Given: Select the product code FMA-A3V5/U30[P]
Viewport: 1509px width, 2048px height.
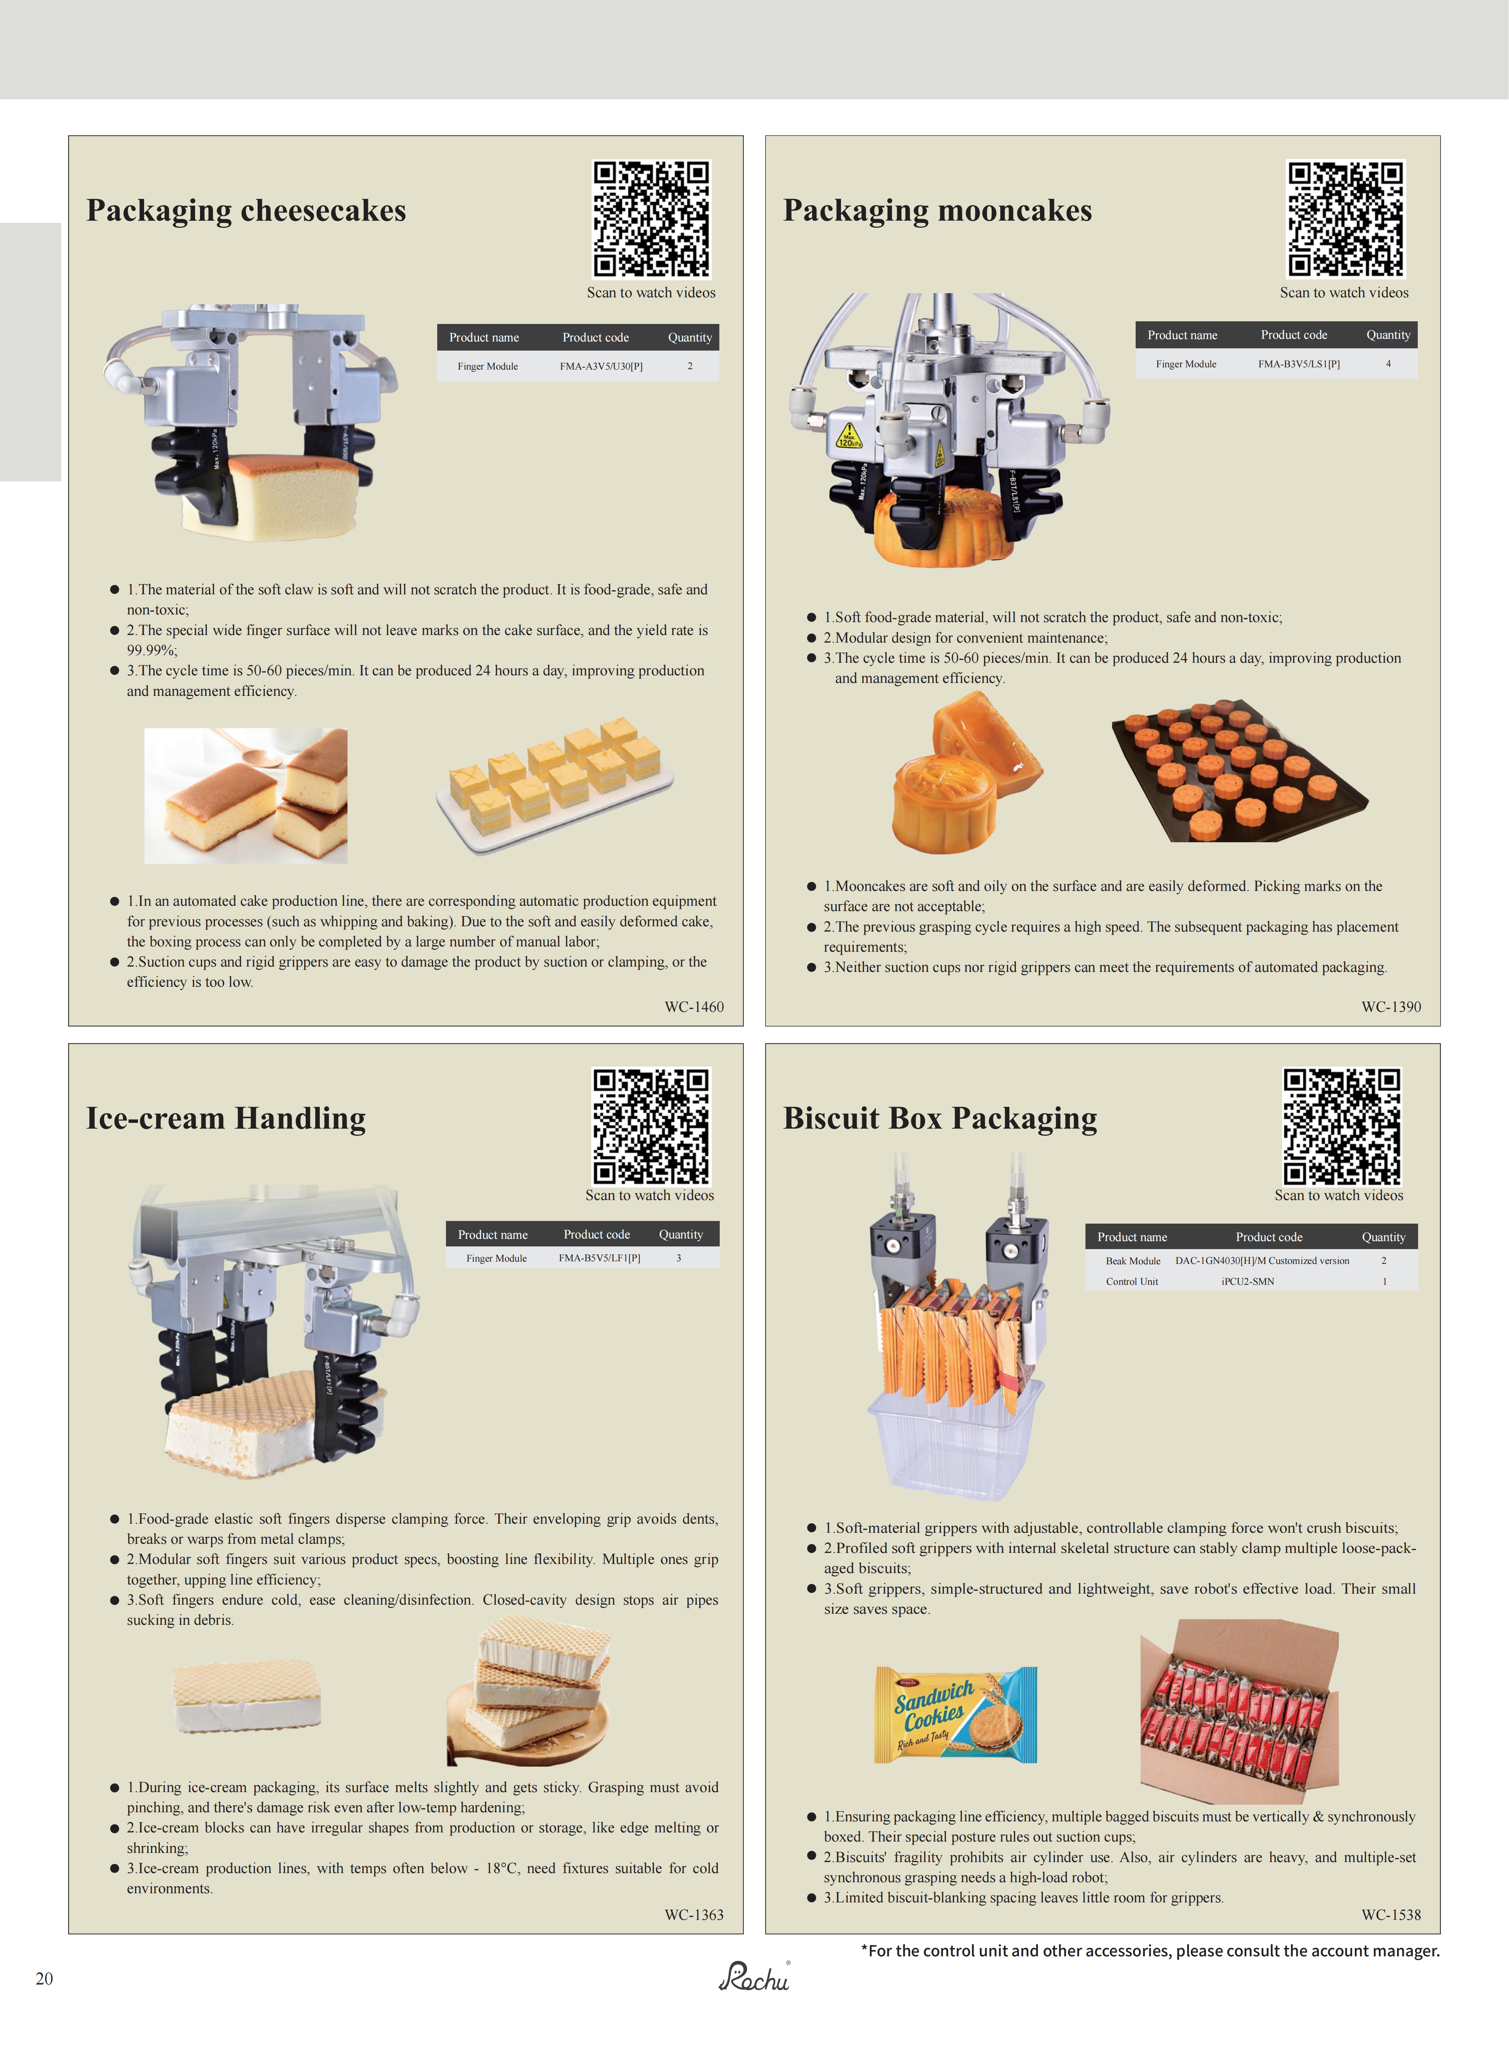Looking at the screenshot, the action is (601, 366).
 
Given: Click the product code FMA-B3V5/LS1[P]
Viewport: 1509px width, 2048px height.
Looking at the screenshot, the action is (1299, 364).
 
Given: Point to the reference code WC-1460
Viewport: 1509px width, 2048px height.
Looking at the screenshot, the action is (694, 1007).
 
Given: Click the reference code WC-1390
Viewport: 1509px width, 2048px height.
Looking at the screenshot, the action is (1391, 1007).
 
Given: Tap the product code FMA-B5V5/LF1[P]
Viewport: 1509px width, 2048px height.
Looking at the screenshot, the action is (599, 1258).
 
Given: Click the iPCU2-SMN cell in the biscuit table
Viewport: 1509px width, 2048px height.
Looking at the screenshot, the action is (1248, 1281).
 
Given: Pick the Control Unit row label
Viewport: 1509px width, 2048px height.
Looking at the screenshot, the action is (1132, 1281).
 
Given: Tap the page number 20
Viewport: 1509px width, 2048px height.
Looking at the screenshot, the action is (44, 1978).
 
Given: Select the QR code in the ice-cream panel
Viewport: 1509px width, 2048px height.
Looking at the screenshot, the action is (651, 1126).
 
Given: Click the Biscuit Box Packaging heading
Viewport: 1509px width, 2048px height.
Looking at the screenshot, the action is (940, 1118).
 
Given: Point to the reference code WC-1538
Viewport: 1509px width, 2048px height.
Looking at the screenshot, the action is (1391, 1915).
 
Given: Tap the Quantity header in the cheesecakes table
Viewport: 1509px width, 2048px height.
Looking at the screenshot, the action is (690, 337).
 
